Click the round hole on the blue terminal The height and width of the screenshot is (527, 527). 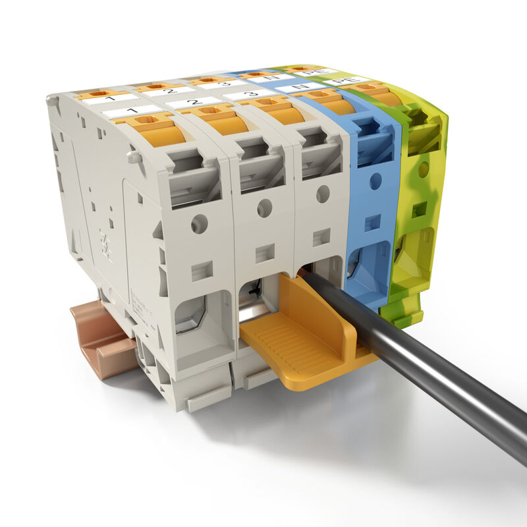coord(375,181)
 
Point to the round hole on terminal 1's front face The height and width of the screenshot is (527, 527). coord(199,224)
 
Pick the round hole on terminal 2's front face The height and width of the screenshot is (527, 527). coord(265,208)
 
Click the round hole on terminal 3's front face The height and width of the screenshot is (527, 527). coord(323,194)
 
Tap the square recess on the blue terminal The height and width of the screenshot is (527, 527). coord(373,223)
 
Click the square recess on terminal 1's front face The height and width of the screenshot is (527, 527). coord(202,270)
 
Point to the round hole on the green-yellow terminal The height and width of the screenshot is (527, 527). coord(423,170)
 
